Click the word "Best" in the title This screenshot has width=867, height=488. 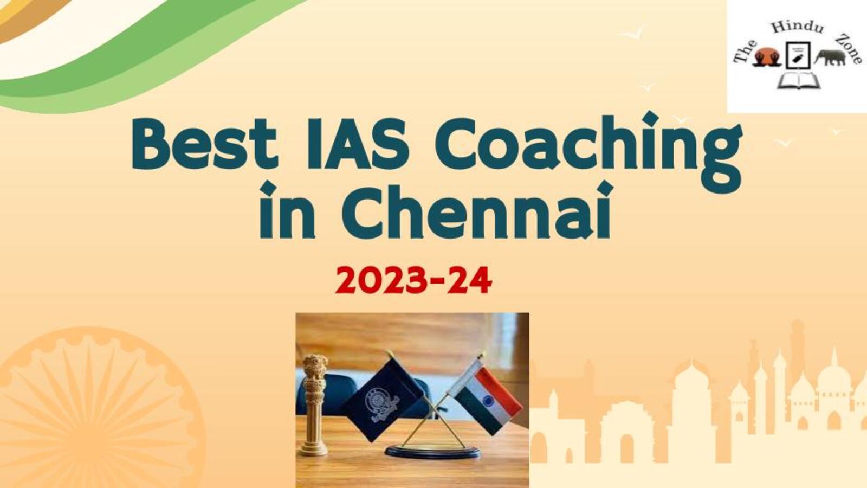(x=205, y=144)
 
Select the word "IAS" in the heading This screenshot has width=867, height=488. (x=358, y=144)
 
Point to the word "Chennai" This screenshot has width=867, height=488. (x=478, y=211)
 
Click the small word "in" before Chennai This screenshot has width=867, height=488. (x=287, y=211)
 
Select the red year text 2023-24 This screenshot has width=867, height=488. (x=413, y=281)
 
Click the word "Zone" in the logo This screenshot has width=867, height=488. (x=848, y=48)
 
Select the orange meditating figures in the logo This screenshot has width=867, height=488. (x=766, y=57)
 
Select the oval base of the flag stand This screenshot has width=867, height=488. (x=433, y=452)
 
